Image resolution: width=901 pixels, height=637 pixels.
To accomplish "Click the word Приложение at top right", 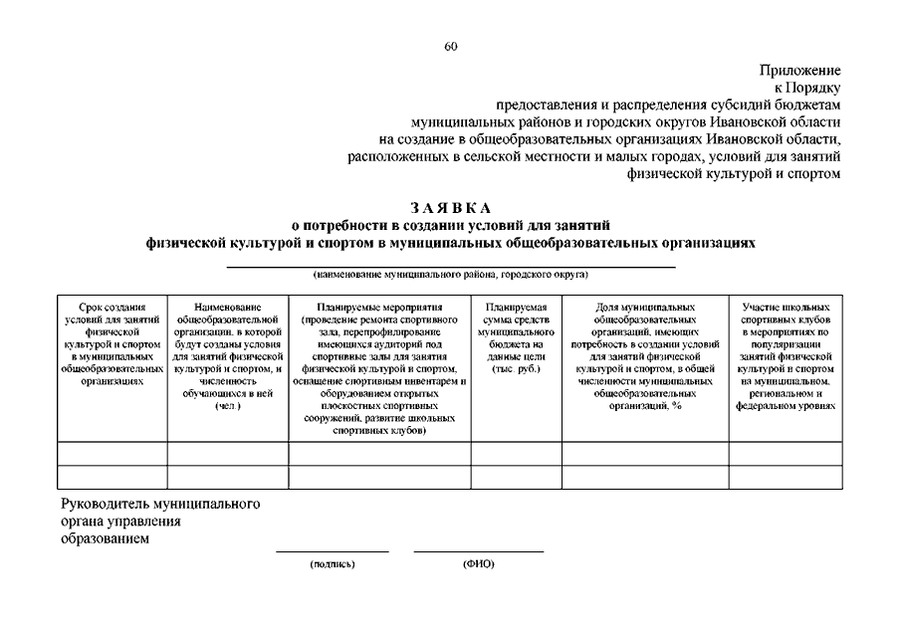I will [x=800, y=71].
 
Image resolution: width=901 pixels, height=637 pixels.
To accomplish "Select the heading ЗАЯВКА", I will [x=450, y=208].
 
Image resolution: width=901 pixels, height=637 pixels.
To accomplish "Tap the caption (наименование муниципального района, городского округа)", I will [x=450, y=274].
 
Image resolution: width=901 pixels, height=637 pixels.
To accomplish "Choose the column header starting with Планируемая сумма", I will [x=515, y=338].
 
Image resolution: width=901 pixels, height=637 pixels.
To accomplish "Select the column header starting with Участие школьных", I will [x=786, y=356].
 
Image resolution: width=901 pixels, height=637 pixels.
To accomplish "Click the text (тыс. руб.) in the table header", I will [x=516, y=369].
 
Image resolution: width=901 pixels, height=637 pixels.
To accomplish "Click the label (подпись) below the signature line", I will [x=333, y=564].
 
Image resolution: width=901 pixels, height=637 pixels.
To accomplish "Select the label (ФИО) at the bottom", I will [x=478, y=564].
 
